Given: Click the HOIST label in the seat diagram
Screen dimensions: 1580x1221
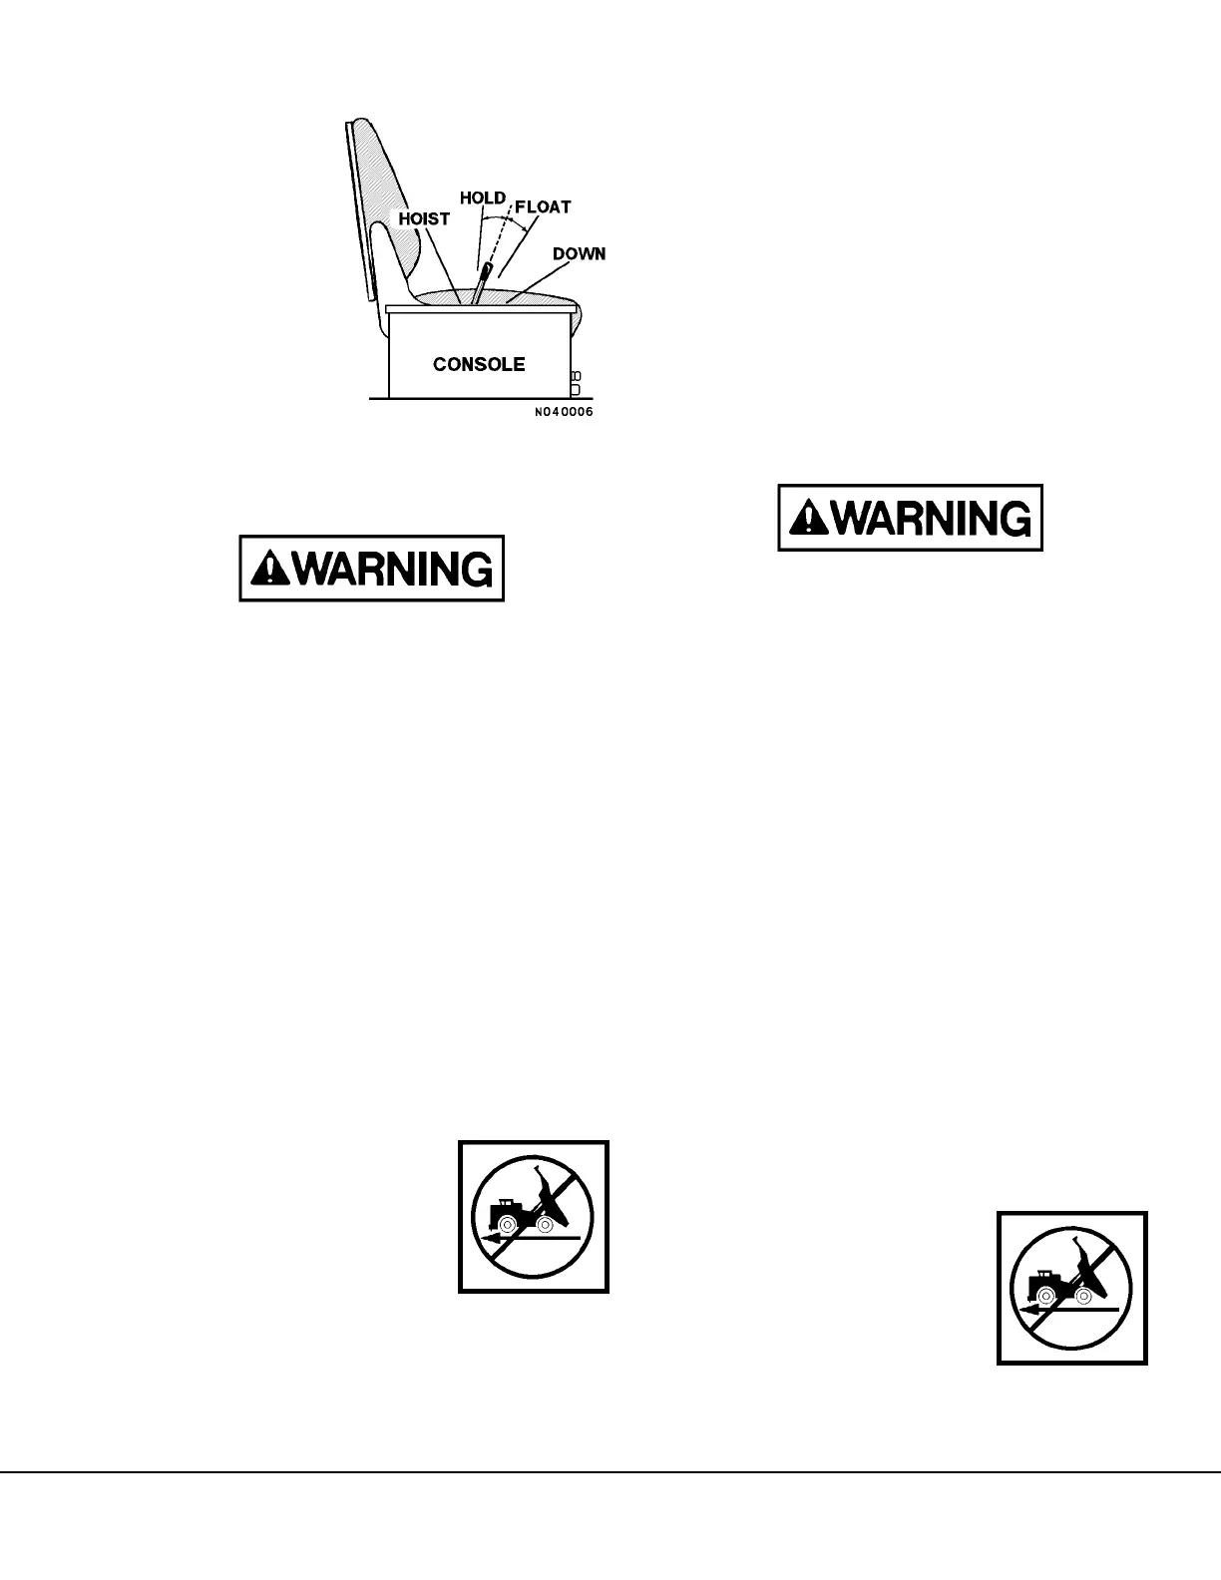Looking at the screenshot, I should (x=424, y=218).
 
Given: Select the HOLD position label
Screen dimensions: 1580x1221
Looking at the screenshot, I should (x=482, y=197).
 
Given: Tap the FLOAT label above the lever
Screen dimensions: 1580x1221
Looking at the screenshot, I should (x=543, y=207).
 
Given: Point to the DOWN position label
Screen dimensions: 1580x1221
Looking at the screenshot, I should (x=579, y=253).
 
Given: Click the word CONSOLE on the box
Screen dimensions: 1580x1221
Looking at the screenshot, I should (x=479, y=364).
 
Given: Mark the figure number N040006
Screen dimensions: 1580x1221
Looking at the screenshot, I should (x=563, y=412).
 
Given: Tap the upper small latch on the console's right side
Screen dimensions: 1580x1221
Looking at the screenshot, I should (x=575, y=375).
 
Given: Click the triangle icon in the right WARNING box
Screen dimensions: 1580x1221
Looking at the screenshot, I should (x=808, y=518).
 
